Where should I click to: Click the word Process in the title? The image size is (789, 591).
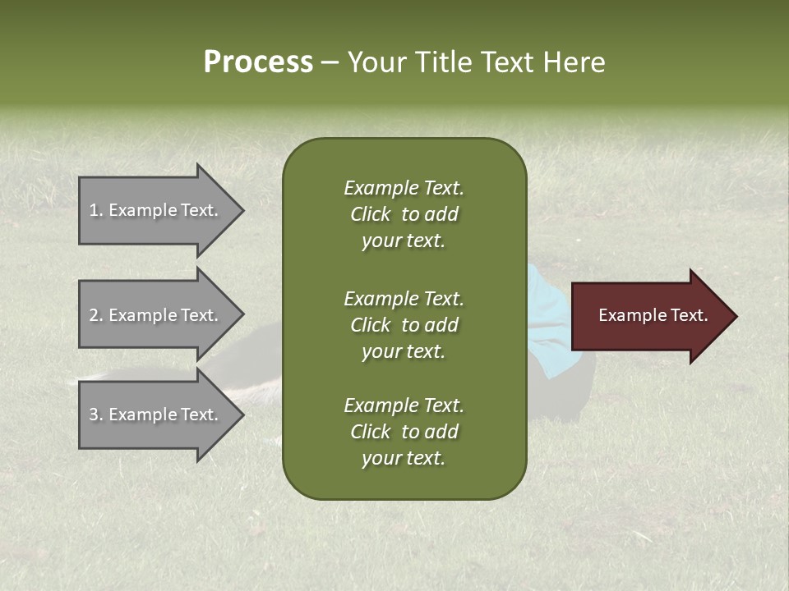click(x=258, y=62)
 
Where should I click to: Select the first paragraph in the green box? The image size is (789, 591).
click(x=404, y=214)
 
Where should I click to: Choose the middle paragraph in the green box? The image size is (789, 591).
click(x=404, y=325)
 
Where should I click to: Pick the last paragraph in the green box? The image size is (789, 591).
click(x=404, y=432)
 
